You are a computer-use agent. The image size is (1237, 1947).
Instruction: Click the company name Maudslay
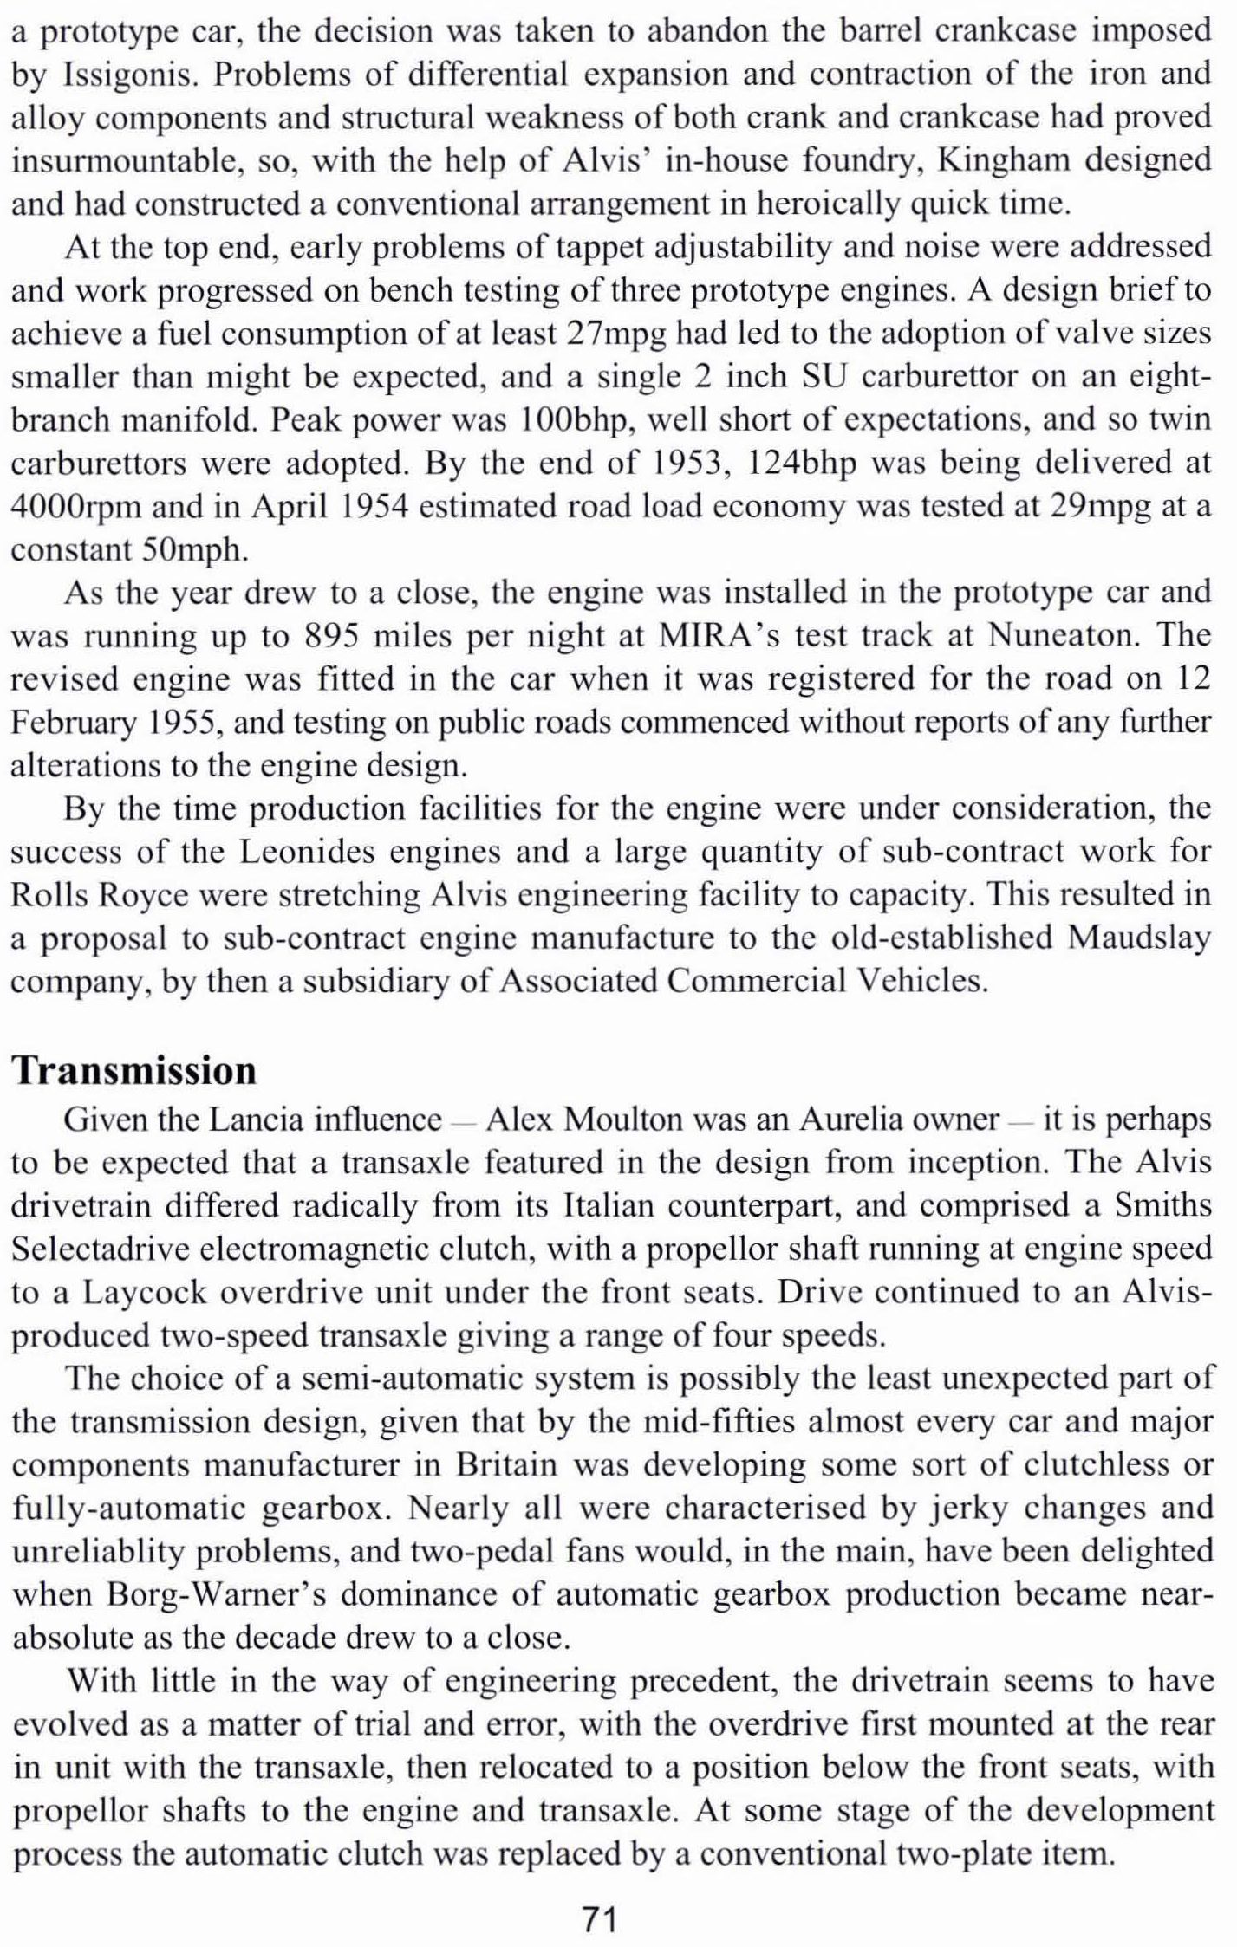(x=1139, y=939)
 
